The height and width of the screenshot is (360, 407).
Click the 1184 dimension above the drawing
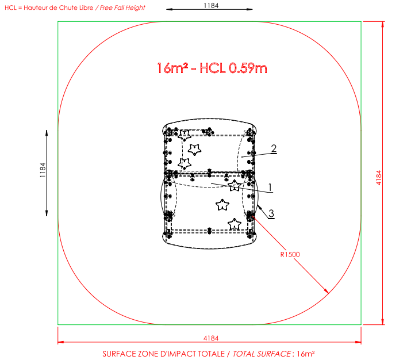coord(211,5)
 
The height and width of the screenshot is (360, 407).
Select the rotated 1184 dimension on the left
coord(43,170)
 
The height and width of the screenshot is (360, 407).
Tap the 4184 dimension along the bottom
coord(211,338)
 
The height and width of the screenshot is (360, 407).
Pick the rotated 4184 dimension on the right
coord(379,178)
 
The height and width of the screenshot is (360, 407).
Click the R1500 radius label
coord(290,255)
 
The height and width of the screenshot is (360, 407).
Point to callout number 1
coord(270,187)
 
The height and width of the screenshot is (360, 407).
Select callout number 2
coord(274,148)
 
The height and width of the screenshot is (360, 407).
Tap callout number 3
coord(271,213)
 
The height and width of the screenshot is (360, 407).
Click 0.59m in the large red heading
coord(248,68)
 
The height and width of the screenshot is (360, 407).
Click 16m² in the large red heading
coord(172,68)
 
